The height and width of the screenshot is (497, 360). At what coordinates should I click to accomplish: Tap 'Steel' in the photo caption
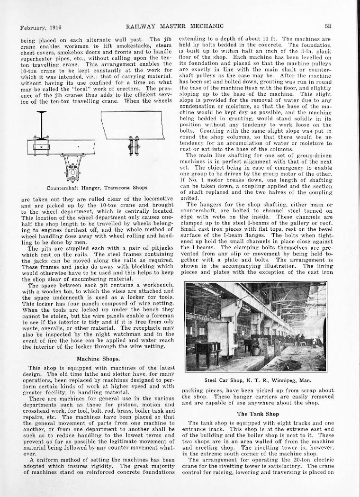tap(213, 380)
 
